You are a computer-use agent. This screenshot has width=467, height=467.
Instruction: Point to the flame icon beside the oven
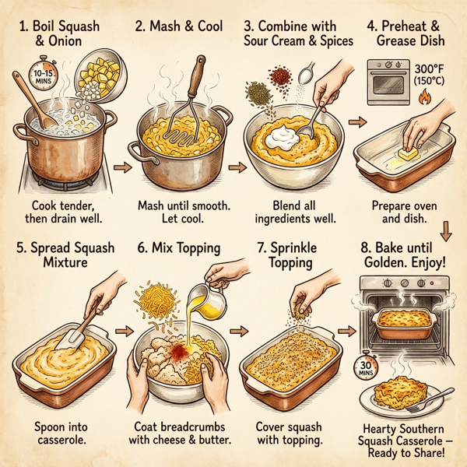[x=423, y=100]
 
